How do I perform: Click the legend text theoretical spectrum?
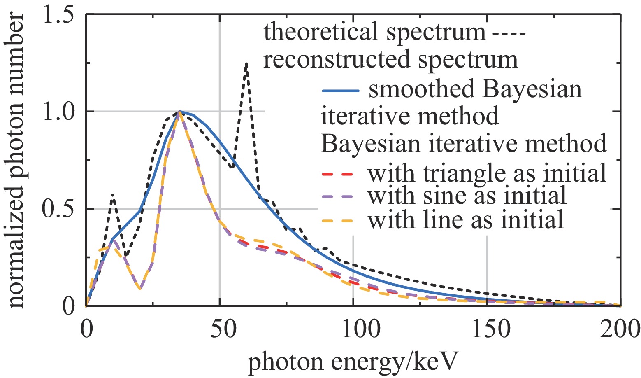[374, 32]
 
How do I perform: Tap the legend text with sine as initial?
[467, 196]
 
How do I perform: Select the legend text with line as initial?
[465, 219]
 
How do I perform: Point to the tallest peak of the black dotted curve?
[246, 64]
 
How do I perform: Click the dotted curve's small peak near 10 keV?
[112, 195]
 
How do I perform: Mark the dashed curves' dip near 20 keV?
[140, 289]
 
